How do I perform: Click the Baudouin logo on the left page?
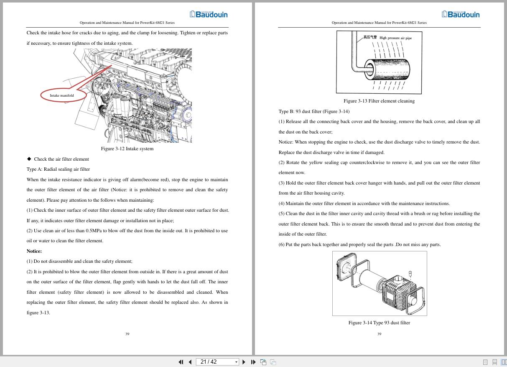[209, 14]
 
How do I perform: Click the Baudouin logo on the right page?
[461, 14]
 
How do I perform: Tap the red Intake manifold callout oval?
[63, 95]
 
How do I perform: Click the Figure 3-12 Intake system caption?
[127, 149]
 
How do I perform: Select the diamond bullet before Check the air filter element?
[29, 159]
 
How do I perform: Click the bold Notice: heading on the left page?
[34, 251]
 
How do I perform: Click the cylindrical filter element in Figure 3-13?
[389, 69]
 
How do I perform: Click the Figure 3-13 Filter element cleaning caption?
[379, 101]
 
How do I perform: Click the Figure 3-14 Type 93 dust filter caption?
[379, 323]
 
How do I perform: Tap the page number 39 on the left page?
[127, 334]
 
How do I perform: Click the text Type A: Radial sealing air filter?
[58, 169]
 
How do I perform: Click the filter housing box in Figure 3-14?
[399, 290]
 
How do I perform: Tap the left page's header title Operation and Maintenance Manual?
[127, 23]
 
